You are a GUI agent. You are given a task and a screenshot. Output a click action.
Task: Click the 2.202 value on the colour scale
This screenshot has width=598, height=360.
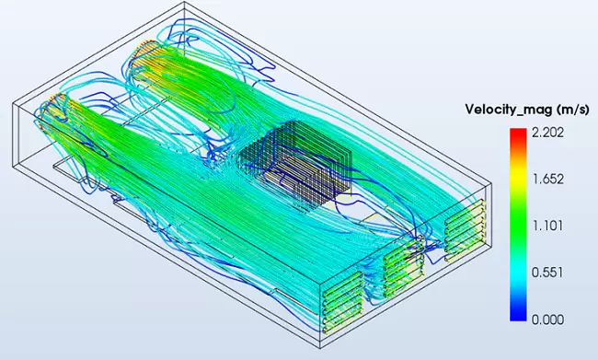[547, 133]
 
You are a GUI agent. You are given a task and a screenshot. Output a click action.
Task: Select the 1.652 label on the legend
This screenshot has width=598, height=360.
[547, 179]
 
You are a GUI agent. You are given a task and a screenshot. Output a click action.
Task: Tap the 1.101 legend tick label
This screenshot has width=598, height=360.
[547, 226]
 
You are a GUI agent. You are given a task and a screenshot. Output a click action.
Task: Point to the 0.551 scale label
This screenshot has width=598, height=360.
[547, 273]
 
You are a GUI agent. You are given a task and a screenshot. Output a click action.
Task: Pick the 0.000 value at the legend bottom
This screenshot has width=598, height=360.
[547, 319]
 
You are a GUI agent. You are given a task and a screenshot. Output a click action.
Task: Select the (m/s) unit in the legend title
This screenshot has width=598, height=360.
[573, 110]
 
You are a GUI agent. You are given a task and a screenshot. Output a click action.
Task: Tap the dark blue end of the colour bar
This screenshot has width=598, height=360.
[518, 315]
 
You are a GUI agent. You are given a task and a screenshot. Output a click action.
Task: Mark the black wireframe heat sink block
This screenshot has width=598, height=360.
[296, 164]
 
